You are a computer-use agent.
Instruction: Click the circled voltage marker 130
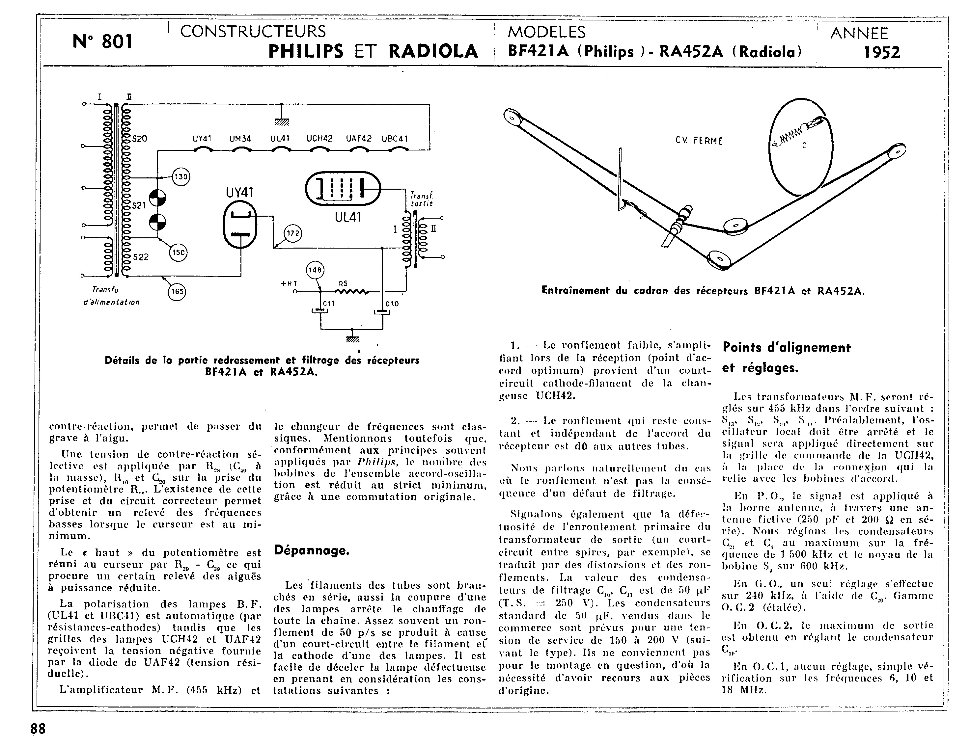pyautogui.click(x=181, y=177)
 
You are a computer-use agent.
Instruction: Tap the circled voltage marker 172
pyautogui.click(x=293, y=233)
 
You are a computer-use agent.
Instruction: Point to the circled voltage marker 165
pyautogui.click(x=177, y=292)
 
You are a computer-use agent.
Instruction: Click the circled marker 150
pyautogui.click(x=178, y=253)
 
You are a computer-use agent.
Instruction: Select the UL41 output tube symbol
pyautogui.click(x=343, y=189)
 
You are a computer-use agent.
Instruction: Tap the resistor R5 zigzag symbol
pyautogui.click(x=350, y=292)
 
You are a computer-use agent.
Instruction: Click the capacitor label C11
pyautogui.click(x=329, y=303)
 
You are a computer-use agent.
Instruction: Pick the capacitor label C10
pyautogui.click(x=392, y=304)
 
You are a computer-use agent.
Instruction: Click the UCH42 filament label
pyautogui.click(x=319, y=139)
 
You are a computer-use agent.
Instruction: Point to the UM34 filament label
pyautogui.click(x=240, y=139)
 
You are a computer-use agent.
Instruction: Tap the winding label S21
pyautogui.click(x=139, y=205)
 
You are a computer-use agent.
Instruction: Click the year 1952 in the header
pyautogui.click(x=882, y=53)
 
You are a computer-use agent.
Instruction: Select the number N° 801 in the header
pyautogui.click(x=102, y=42)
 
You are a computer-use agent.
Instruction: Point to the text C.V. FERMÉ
pyautogui.click(x=699, y=141)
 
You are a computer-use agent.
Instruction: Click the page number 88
pyautogui.click(x=38, y=729)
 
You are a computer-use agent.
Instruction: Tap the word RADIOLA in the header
pyautogui.click(x=433, y=51)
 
